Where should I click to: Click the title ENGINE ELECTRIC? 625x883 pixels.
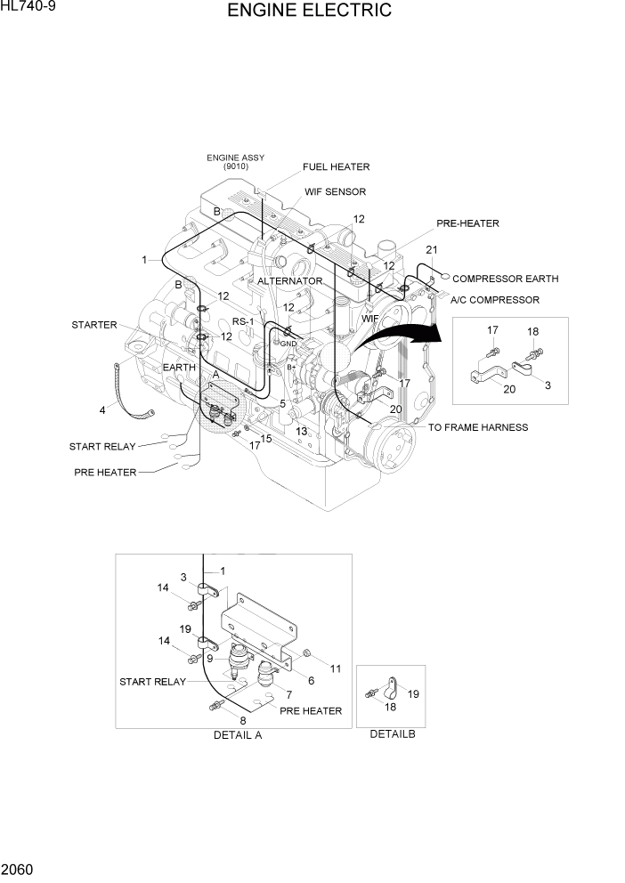(309, 11)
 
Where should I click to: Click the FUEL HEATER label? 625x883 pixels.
(336, 166)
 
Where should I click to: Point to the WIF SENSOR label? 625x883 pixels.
(335, 191)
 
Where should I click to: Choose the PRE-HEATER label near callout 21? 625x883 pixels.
(467, 223)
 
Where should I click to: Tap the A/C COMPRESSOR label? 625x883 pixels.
(495, 300)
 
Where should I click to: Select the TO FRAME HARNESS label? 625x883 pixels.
(478, 427)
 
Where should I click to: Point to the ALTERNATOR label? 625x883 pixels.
(290, 280)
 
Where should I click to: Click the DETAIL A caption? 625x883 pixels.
(238, 735)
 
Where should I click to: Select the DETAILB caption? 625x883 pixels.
(393, 734)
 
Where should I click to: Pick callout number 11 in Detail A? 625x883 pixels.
(336, 668)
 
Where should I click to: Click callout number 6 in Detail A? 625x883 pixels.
(312, 680)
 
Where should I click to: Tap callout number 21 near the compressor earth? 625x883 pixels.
(431, 249)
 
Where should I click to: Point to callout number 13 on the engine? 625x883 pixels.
(302, 431)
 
